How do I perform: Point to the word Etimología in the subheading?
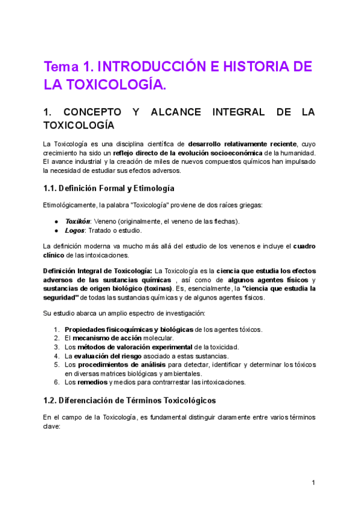tap(146, 188)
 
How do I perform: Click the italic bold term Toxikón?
tap(76, 221)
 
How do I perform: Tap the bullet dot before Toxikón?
tap(57, 221)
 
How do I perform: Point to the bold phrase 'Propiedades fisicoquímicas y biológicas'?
tap(129, 329)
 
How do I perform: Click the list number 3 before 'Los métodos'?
tap(56, 347)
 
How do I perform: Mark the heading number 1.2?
tap(52, 400)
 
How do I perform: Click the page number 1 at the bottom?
tap(313, 483)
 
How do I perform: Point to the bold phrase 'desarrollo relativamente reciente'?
tap(242, 144)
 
